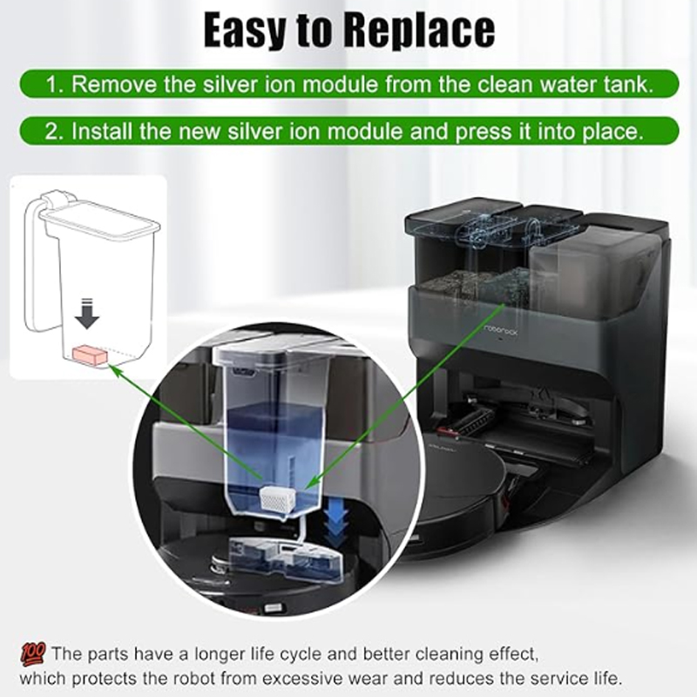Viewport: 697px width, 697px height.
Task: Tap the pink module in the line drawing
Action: coord(90,355)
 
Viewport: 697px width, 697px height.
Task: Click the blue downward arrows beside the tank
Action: coord(336,525)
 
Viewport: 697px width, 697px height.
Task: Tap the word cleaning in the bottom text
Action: coord(450,654)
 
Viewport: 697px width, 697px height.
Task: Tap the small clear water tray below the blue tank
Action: coord(285,558)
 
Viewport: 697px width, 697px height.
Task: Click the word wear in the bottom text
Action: coord(405,680)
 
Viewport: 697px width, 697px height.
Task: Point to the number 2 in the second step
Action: coord(51,132)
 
